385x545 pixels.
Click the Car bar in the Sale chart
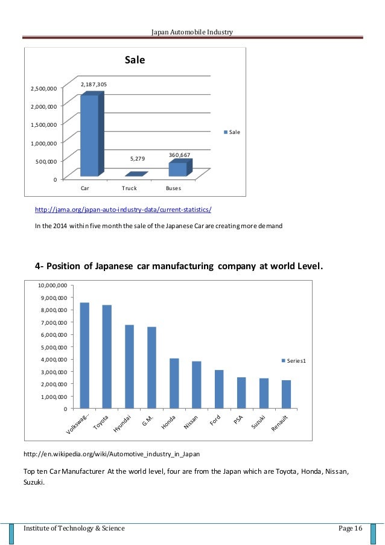pyautogui.click(x=89, y=136)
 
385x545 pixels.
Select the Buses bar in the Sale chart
pyautogui.click(x=178, y=170)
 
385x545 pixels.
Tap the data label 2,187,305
pyautogui.click(x=94, y=85)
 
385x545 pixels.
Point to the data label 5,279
pyautogui.click(x=138, y=159)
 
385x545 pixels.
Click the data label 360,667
pyautogui.click(x=179, y=155)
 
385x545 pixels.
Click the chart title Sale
pyautogui.click(x=135, y=60)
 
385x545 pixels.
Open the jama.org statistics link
pyautogui.click(x=123, y=209)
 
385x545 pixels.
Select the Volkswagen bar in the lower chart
pyautogui.click(x=84, y=355)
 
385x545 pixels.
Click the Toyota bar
pyautogui.click(x=107, y=357)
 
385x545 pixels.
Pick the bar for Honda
pyautogui.click(x=174, y=383)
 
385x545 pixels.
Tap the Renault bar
pyautogui.click(x=286, y=394)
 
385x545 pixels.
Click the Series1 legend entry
pyautogui.click(x=294, y=360)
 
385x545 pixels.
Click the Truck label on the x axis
pyautogui.click(x=129, y=188)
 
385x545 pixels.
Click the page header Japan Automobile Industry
pyautogui.click(x=192, y=31)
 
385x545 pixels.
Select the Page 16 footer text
pyautogui.click(x=350, y=529)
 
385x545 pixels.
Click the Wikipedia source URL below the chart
pyautogui.click(x=112, y=453)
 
